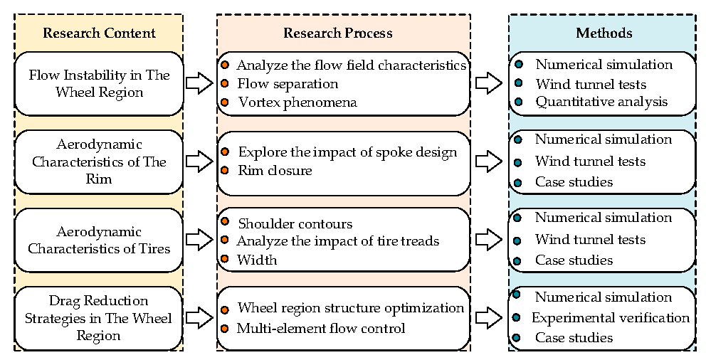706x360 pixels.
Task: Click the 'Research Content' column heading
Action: point(99,33)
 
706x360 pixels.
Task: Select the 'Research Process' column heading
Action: point(337,33)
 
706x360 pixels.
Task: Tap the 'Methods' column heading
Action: point(604,33)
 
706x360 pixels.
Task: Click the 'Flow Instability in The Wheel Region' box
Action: point(99,83)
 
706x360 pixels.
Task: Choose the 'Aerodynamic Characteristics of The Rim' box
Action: point(99,162)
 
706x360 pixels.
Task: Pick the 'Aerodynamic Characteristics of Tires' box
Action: point(99,240)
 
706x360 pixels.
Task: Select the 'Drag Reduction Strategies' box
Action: point(99,317)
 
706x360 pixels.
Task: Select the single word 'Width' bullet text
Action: point(257,260)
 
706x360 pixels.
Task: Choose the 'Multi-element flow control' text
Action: point(321,328)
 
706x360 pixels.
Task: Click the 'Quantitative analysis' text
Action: point(601,102)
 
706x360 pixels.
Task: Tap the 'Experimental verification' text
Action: point(611,317)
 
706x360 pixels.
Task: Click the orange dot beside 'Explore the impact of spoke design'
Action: point(225,152)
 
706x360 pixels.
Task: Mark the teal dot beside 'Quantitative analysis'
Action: point(519,102)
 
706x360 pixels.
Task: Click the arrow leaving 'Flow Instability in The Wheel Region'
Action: point(199,84)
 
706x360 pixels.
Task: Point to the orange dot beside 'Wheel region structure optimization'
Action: point(225,309)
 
